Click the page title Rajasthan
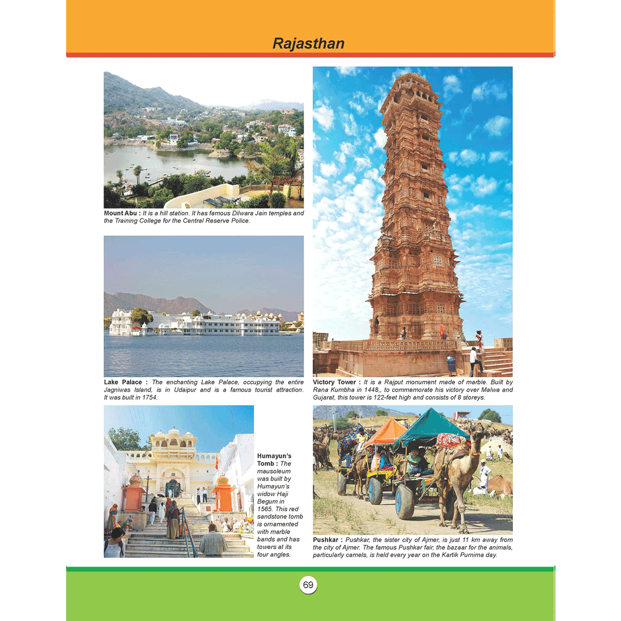tap(308, 44)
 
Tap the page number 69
tap(308, 585)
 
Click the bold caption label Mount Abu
tap(121, 213)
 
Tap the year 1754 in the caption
tap(148, 397)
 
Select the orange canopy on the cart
tap(385, 432)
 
